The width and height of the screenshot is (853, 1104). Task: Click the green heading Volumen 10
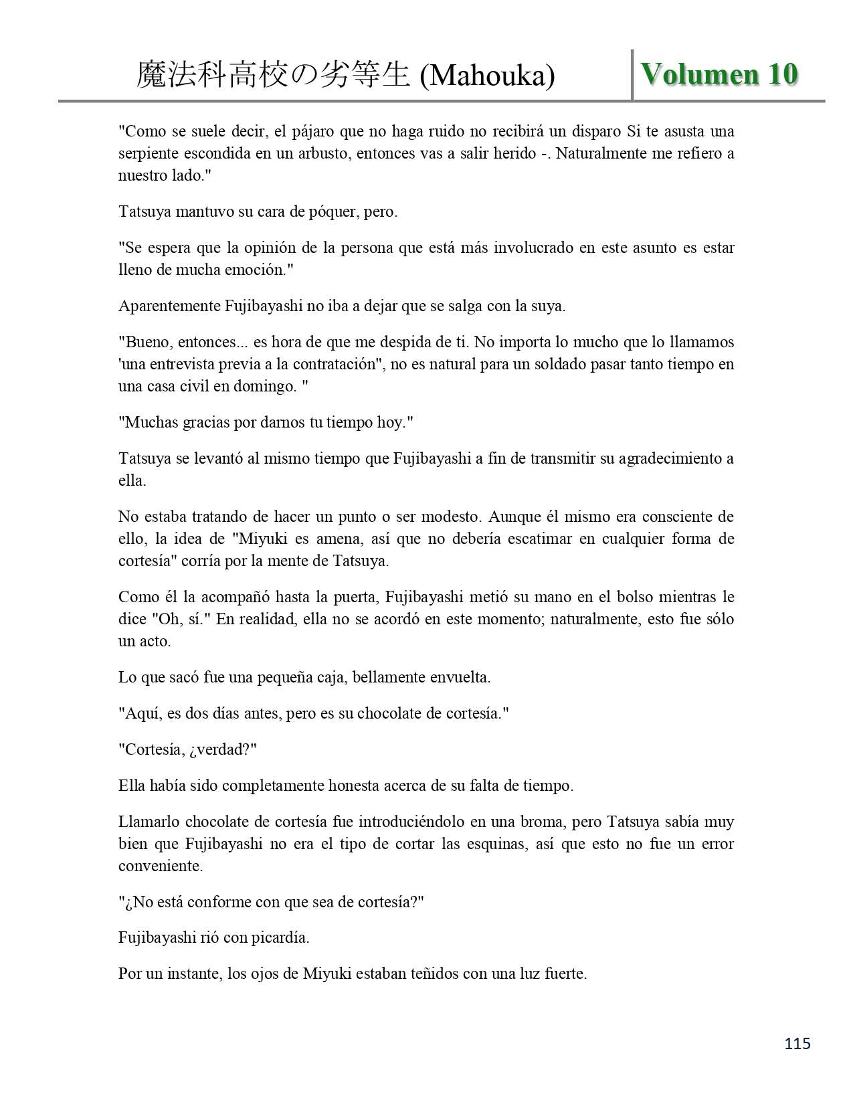point(719,74)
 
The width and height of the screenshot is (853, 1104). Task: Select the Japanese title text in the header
point(273,76)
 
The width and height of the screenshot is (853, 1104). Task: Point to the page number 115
point(797,1043)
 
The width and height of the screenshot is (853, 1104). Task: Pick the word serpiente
point(149,153)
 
